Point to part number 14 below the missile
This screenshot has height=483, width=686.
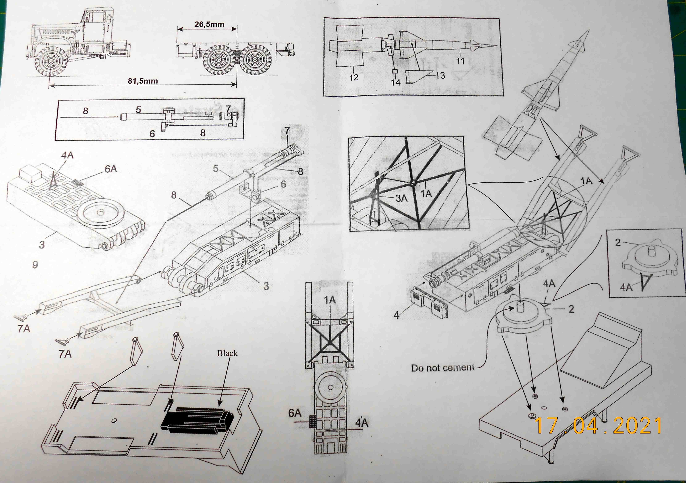coord(396,82)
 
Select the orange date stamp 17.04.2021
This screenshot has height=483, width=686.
coord(598,426)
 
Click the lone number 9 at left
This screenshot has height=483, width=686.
coord(35,264)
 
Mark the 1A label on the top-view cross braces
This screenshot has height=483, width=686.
coord(330,300)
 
